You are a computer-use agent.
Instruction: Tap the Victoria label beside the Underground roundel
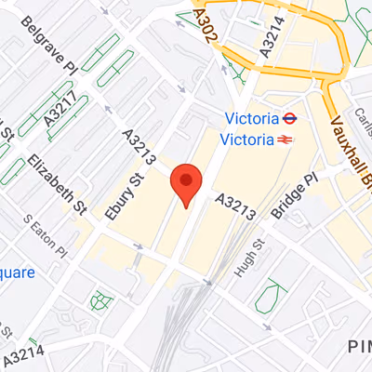click(x=254, y=119)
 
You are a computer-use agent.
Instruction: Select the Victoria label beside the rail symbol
click(x=247, y=139)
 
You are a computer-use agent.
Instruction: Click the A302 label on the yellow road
click(x=206, y=23)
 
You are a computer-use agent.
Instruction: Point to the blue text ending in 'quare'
click(x=17, y=272)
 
